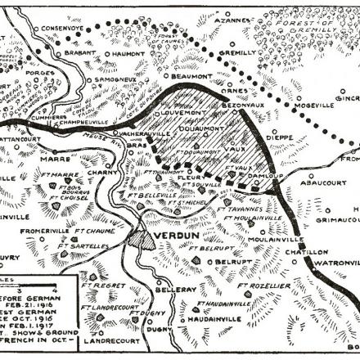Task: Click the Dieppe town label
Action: tap(299, 137)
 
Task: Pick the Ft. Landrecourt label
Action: tap(111, 308)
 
